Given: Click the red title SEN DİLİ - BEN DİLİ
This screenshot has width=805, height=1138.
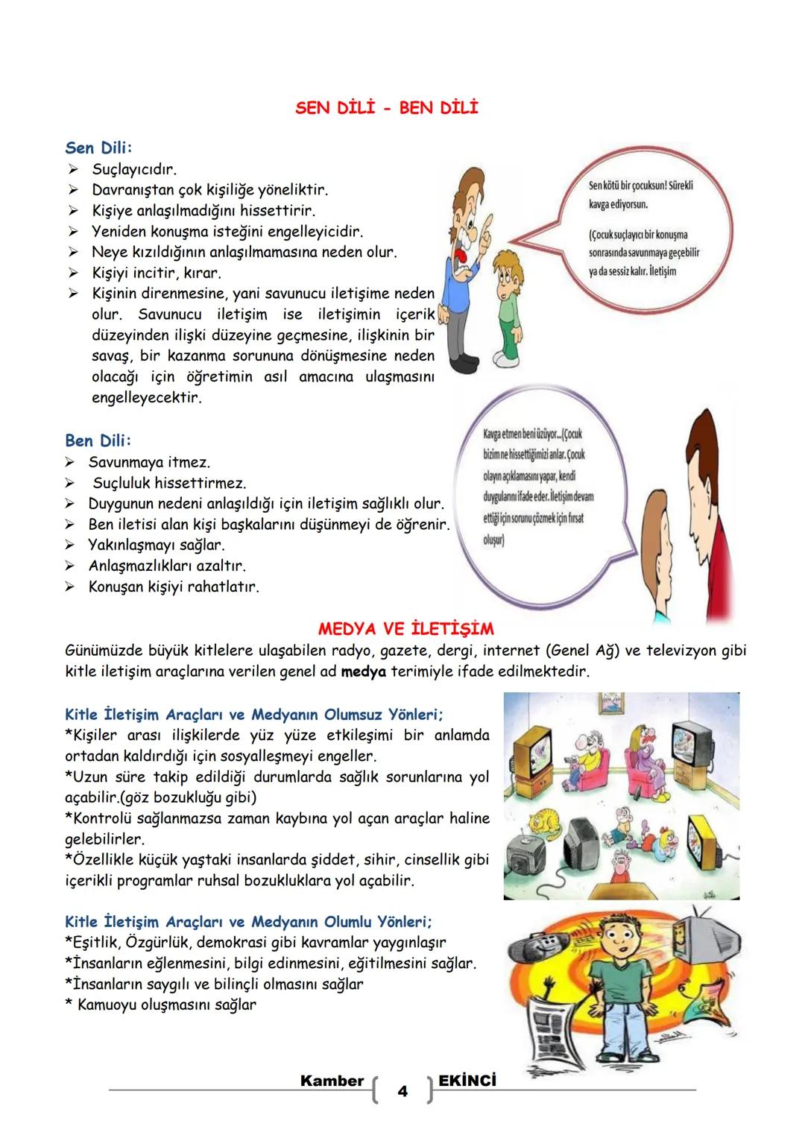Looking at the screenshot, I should tap(386, 108).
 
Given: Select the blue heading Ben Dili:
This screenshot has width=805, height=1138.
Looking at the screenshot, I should tap(98, 440).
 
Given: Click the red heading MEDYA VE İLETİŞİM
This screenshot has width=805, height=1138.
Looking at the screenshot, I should tap(405, 628).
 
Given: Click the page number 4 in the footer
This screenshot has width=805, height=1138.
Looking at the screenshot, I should tap(402, 1092).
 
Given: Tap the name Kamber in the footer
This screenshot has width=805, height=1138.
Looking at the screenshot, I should tap(332, 1081).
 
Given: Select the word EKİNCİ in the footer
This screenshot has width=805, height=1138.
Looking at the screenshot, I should tap(467, 1081).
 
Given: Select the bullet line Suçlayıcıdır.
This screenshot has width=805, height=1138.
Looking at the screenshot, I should tap(134, 169).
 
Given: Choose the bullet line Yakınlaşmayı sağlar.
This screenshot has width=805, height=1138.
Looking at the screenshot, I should tap(156, 545).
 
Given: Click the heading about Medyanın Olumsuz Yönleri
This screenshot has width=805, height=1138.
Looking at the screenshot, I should tap(253, 715).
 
